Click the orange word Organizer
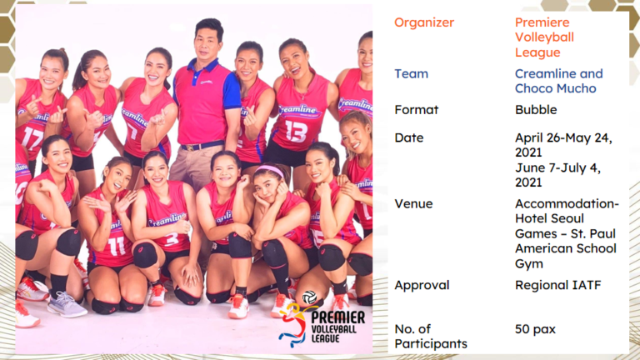click(x=424, y=22)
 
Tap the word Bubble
click(x=536, y=110)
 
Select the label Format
click(x=417, y=110)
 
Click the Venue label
click(x=413, y=203)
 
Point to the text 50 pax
click(x=535, y=329)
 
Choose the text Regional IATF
click(x=558, y=285)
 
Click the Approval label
click(x=422, y=285)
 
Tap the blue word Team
click(x=411, y=74)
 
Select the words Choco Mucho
click(x=556, y=88)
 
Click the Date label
click(x=408, y=138)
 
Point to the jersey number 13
click(x=296, y=131)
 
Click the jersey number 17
click(x=32, y=137)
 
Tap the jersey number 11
click(x=117, y=246)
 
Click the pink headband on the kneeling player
click(x=270, y=170)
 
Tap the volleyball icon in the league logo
click(x=309, y=297)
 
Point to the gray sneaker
click(x=67, y=305)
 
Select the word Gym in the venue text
click(x=528, y=264)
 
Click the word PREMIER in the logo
click(x=338, y=317)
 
